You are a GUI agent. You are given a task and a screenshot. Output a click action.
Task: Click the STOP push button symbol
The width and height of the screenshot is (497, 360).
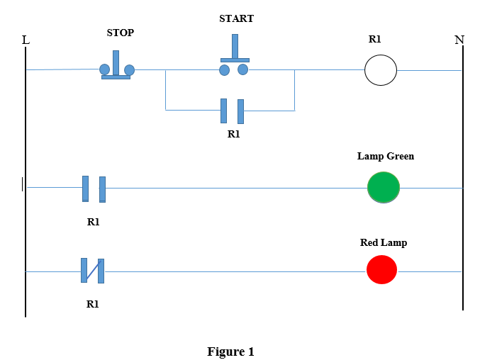tap(116, 66)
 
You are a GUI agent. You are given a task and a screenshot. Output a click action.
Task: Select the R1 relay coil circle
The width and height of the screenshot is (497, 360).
tap(381, 70)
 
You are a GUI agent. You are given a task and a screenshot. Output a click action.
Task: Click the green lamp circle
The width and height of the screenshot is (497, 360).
tap(384, 188)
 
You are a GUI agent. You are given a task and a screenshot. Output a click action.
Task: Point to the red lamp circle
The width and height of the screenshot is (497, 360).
tap(381, 270)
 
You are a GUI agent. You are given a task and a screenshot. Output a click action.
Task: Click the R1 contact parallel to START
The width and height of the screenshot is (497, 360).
tap(232, 111)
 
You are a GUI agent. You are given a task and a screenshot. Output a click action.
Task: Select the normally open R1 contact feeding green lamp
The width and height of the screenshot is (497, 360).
tap(94, 189)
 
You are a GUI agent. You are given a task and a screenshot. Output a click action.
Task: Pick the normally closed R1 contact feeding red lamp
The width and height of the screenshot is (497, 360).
tap(92, 271)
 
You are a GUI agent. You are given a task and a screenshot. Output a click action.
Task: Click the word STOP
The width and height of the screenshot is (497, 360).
tap(120, 33)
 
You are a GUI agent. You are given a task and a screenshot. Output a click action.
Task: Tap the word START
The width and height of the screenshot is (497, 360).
tap(236, 18)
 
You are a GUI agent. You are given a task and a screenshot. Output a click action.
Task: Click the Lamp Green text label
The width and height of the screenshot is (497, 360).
tap(385, 156)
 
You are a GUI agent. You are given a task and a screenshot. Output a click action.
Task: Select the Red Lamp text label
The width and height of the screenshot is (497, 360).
tap(384, 242)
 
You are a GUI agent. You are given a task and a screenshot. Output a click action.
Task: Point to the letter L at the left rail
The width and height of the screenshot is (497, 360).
tap(26, 40)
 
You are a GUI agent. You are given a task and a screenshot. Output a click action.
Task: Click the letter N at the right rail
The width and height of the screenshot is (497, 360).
tap(459, 40)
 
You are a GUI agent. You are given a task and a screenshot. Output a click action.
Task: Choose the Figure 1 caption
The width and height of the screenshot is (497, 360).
tap(230, 351)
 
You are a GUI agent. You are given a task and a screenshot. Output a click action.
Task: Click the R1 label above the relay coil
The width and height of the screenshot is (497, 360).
tap(374, 40)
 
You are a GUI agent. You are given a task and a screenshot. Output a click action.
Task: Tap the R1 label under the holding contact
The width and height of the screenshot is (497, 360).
tap(233, 133)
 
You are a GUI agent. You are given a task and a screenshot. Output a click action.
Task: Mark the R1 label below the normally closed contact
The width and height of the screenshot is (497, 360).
tap(92, 303)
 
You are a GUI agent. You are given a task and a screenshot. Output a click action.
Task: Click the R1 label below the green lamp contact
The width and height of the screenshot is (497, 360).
tap(93, 222)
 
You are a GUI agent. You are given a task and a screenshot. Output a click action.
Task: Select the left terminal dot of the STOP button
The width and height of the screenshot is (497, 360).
tap(104, 69)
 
